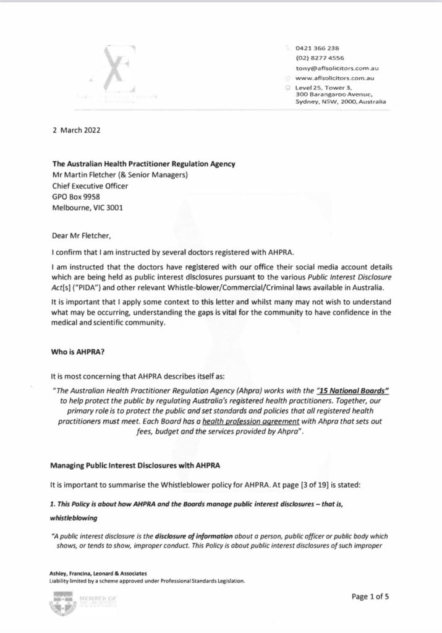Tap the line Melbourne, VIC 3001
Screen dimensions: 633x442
[88, 209]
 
